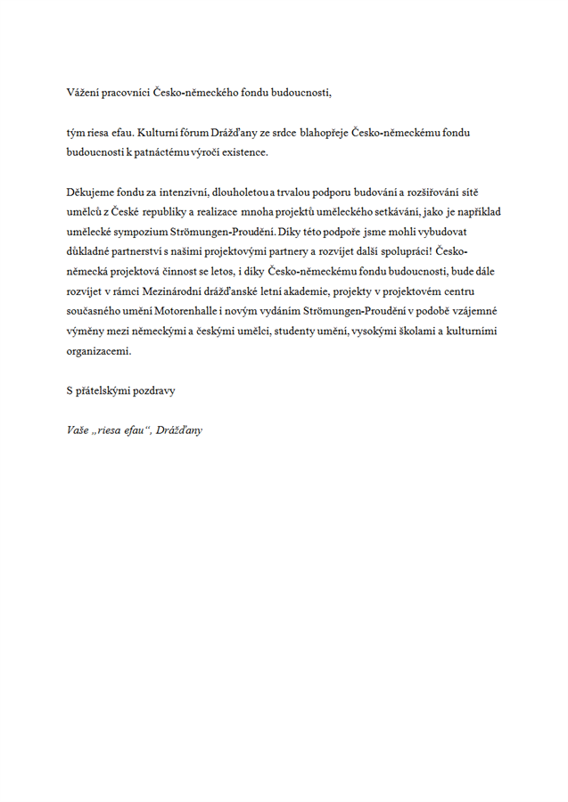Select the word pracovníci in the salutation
(x=127, y=92)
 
